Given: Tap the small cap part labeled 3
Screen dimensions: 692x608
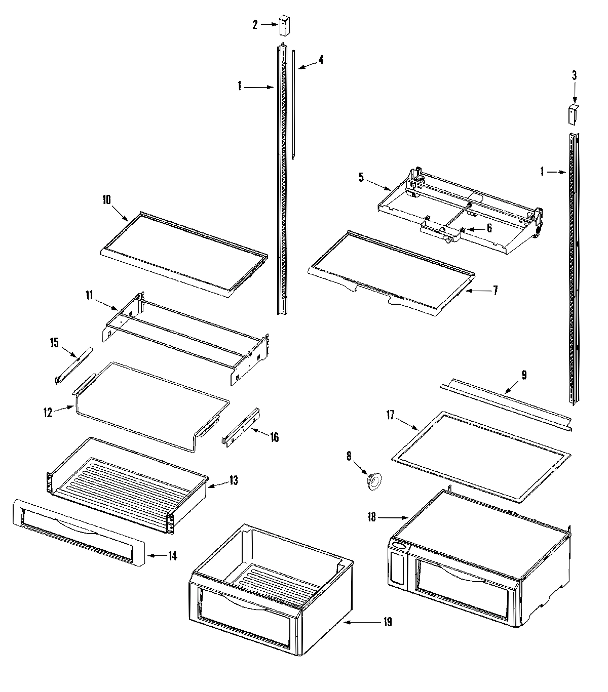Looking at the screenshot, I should point(573,114).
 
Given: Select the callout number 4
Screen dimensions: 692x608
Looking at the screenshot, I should point(320,60).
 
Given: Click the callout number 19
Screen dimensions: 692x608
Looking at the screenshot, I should point(387,622).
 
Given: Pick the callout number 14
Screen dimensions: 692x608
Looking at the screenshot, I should point(172,556).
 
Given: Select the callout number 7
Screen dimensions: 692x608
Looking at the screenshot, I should point(495,290).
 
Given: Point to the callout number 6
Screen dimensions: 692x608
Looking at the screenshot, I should point(489,228).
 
